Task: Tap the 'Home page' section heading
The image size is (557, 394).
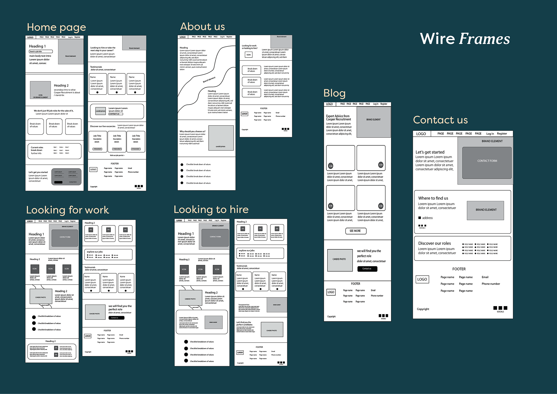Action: pos(56,27)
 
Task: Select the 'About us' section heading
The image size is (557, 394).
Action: pos(202,27)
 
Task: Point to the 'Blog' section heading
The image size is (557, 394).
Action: pos(334,93)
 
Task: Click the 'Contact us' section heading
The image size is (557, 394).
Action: pos(440,120)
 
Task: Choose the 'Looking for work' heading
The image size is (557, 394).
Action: pos(68,210)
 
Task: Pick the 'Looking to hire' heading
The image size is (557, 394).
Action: pos(211,209)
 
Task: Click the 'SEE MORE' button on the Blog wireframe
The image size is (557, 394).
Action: pos(356,231)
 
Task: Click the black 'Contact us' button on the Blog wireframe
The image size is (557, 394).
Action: pos(367,269)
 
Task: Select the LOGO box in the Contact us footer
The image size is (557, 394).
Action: pos(422,279)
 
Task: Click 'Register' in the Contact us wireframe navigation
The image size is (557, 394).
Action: pos(502,134)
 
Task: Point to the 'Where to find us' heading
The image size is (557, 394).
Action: pos(433,198)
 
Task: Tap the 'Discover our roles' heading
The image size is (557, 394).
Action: pos(434,243)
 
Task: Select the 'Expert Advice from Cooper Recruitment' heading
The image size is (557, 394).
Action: pos(338,118)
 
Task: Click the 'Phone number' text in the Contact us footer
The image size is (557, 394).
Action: pos(491,284)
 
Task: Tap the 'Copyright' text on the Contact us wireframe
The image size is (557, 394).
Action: pos(423,309)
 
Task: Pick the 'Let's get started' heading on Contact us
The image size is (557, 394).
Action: pos(430,152)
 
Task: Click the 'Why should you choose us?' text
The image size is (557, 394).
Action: pos(192,131)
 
